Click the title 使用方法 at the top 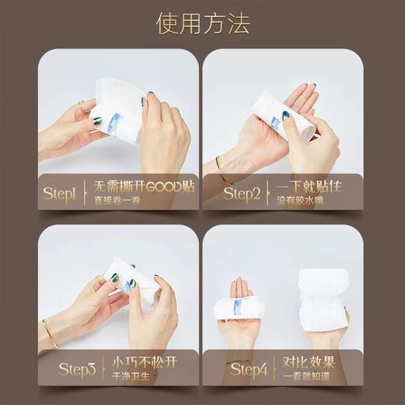point(202,23)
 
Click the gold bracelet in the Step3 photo point(49,333)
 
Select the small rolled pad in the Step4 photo point(238,308)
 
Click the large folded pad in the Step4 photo point(322,300)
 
